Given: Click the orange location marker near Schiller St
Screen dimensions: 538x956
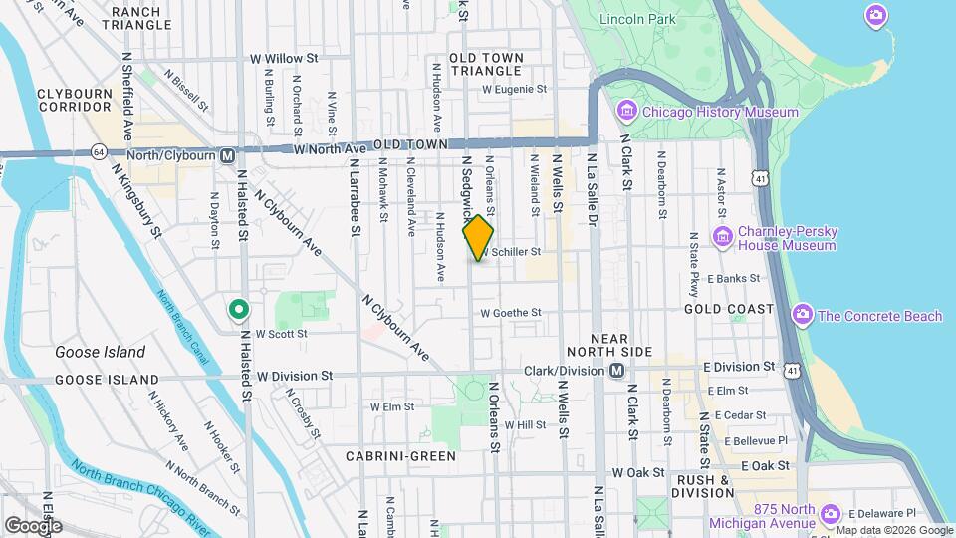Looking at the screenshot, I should pos(478,237).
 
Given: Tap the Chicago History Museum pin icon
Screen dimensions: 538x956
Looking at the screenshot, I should pos(627,111).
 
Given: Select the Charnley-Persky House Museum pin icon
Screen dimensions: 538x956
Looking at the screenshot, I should pos(724,237).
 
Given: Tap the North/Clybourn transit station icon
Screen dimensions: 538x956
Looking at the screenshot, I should pos(228,155).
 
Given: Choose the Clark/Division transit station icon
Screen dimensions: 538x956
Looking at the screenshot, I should pos(616,371).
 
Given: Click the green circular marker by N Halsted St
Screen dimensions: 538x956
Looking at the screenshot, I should pos(238,310).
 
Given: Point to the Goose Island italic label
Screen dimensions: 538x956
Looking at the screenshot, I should pos(100,352).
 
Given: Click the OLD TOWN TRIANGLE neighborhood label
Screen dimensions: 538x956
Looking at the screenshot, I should pos(486,65).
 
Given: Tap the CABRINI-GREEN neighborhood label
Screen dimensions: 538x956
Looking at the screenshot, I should pos(400,456).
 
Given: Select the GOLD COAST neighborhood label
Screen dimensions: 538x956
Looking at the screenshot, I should pos(728,310).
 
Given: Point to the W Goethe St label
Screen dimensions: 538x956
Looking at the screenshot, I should pos(510,313).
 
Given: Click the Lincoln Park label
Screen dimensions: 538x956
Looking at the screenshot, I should pos(637,19).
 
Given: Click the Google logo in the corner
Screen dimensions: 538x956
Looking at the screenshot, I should pos(33,525).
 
